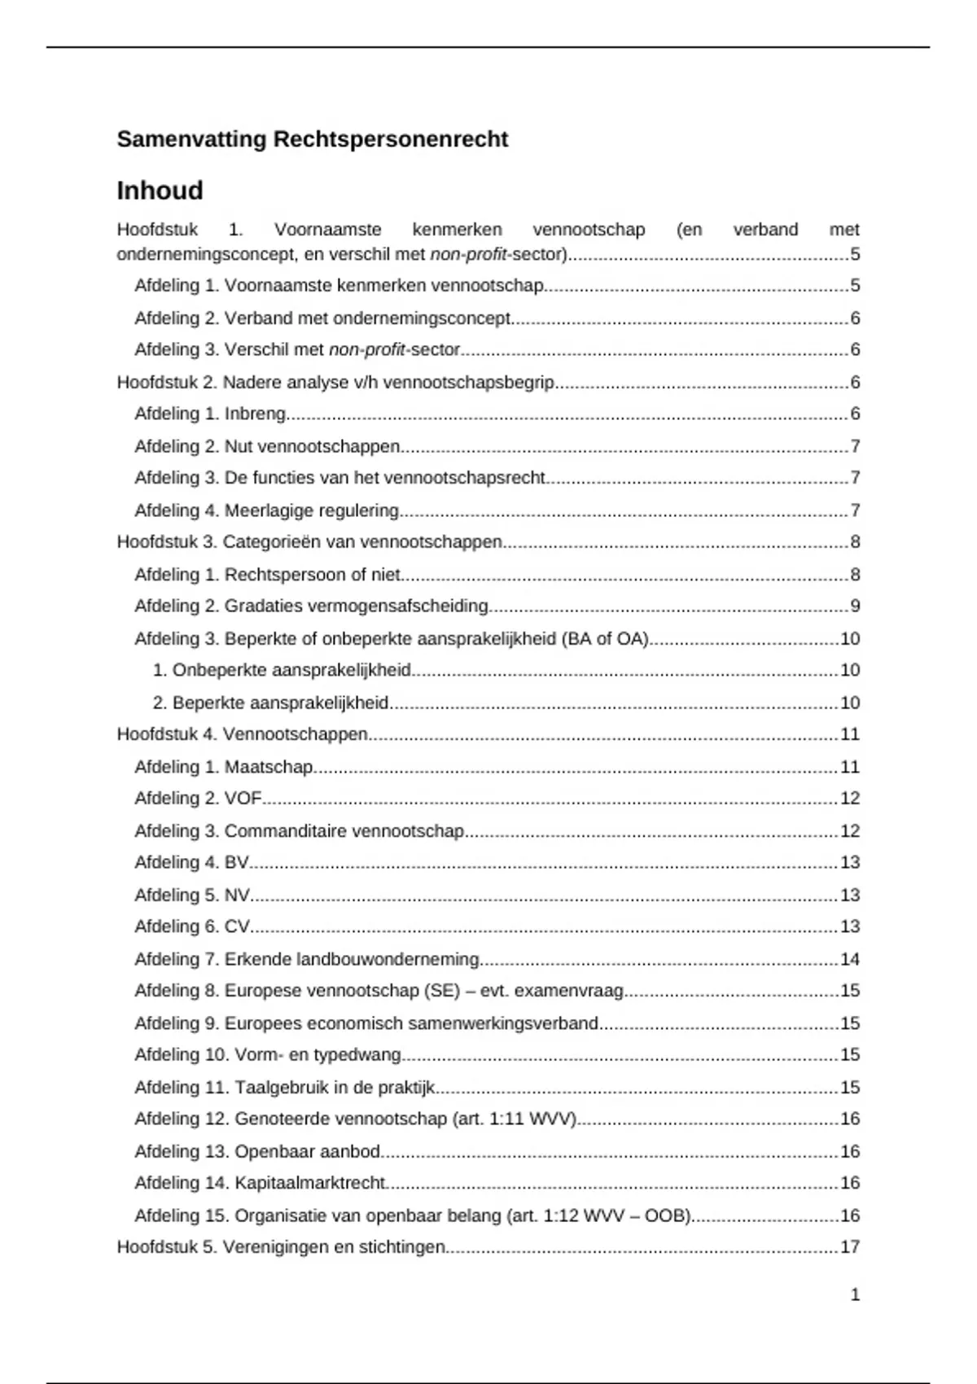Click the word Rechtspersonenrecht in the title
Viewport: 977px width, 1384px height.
coord(390,139)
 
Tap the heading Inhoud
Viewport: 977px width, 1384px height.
coord(160,191)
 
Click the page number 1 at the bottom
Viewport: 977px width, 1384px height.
coord(855,1294)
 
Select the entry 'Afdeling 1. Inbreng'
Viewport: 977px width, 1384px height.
coord(211,414)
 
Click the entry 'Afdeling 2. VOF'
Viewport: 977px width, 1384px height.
coord(198,798)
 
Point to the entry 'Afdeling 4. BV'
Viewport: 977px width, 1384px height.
coord(192,862)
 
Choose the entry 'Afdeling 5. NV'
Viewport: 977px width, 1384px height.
coord(193,895)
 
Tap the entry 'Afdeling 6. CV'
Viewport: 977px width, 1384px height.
coord(193,926)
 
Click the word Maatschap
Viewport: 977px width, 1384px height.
coord(269,767)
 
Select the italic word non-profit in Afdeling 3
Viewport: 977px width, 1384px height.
coord(366,349)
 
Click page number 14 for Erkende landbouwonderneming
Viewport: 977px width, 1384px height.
coord(849,959)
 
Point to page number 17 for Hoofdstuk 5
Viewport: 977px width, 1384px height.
coord(849,1246)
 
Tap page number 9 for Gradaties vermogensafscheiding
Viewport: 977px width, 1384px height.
coord(855,606)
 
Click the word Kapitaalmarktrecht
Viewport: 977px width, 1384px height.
coord(309,1183)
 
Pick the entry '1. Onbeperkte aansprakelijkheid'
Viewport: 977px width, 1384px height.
coord(282,670)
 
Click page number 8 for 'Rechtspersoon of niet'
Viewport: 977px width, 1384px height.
coord(855,575)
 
